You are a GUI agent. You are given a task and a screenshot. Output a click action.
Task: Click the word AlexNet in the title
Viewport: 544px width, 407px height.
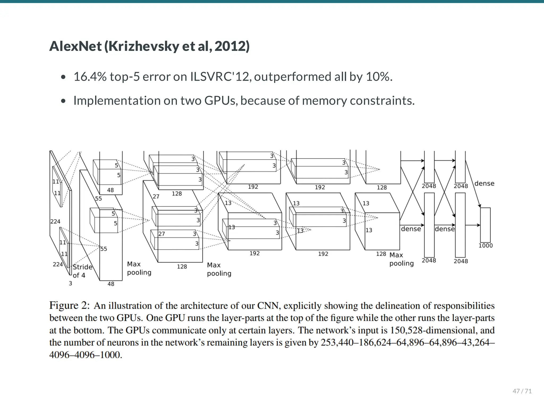pyautogui.click(x=75, y=46)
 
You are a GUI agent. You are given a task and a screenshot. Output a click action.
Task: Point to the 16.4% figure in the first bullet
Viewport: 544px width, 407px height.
pyautogui.click(x=90, y=77)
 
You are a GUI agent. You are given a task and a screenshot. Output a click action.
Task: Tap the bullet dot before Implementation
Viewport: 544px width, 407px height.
pyautogui.click(x=63, y=101)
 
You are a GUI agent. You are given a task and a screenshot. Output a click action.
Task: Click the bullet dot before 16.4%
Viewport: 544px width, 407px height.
pyautogui.click(x=63, y=77)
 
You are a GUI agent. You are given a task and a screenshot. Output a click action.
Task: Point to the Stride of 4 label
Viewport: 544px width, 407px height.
pyautogui.click(x=82, y=271)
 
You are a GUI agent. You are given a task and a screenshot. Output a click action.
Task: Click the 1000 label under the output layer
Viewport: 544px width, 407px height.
pyautogui.click(x=486, y=246)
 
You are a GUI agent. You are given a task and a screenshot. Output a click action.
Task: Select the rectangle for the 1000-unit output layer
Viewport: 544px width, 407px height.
pyautogui.click(x=485, y=225)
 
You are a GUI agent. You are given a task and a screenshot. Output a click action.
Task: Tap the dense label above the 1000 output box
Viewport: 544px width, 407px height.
pyautogui.click(x=484, y=183)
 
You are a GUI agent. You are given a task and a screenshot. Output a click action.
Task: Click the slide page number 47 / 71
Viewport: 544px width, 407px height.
pyautogui.click(x=522, y=391)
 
